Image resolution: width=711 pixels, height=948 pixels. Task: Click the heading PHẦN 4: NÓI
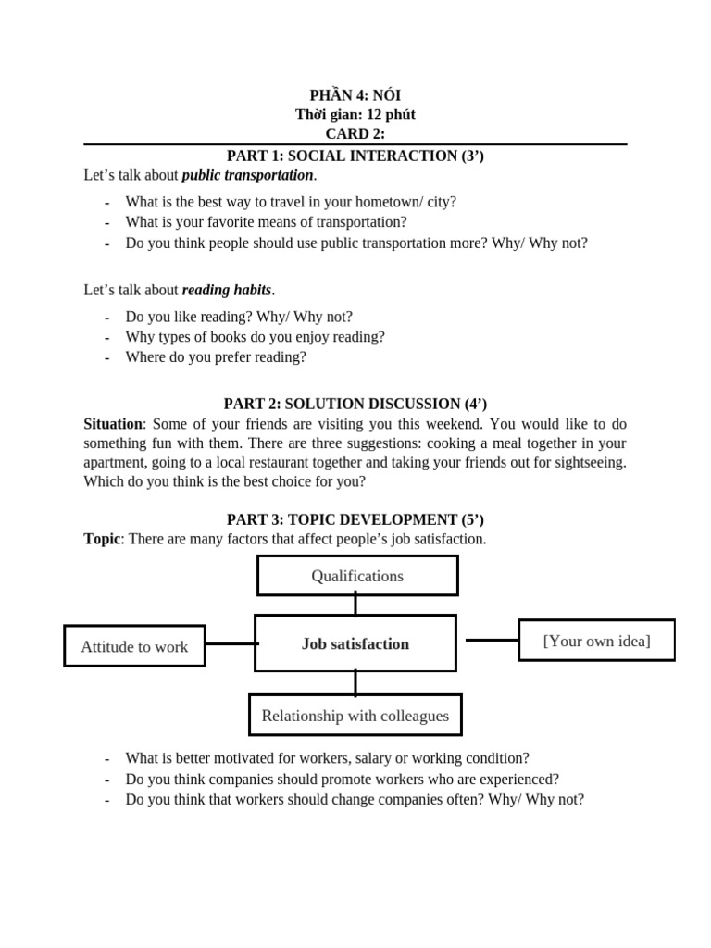tap(355, 95)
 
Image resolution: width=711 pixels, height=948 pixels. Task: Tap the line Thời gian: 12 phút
tap(355, 115)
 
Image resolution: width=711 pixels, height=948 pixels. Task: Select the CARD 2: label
tap(355, 134)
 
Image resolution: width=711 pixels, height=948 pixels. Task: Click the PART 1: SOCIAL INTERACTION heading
tap(355, 156)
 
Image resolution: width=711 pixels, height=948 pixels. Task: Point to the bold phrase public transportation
tap(247, 175)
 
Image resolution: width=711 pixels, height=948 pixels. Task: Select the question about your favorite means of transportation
tap(266, 222)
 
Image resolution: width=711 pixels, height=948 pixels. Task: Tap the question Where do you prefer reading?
tap(215, 356)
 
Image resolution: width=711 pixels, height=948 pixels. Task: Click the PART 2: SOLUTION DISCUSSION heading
tap(355, 404)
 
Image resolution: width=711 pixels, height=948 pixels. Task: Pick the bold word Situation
tap(113, 424)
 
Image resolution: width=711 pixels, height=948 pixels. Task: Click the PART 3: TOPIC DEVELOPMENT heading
tap(355, 519)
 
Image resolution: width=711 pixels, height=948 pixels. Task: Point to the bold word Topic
tap(102, 539)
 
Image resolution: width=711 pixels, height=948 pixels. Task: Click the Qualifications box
tap(357, 576)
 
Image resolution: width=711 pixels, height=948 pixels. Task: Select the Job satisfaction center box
tap(355, 643)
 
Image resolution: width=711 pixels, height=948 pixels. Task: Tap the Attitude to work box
tap(134, 646)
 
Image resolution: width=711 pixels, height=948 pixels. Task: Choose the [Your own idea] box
tap(596, 641)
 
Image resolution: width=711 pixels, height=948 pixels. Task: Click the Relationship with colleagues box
tap(355, 716)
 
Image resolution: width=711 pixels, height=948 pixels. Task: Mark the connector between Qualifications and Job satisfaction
tap(355, 605)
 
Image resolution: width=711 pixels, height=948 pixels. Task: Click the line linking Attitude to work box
tap(230, 643)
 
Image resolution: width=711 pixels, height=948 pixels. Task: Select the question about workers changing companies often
tap(355, 800)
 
